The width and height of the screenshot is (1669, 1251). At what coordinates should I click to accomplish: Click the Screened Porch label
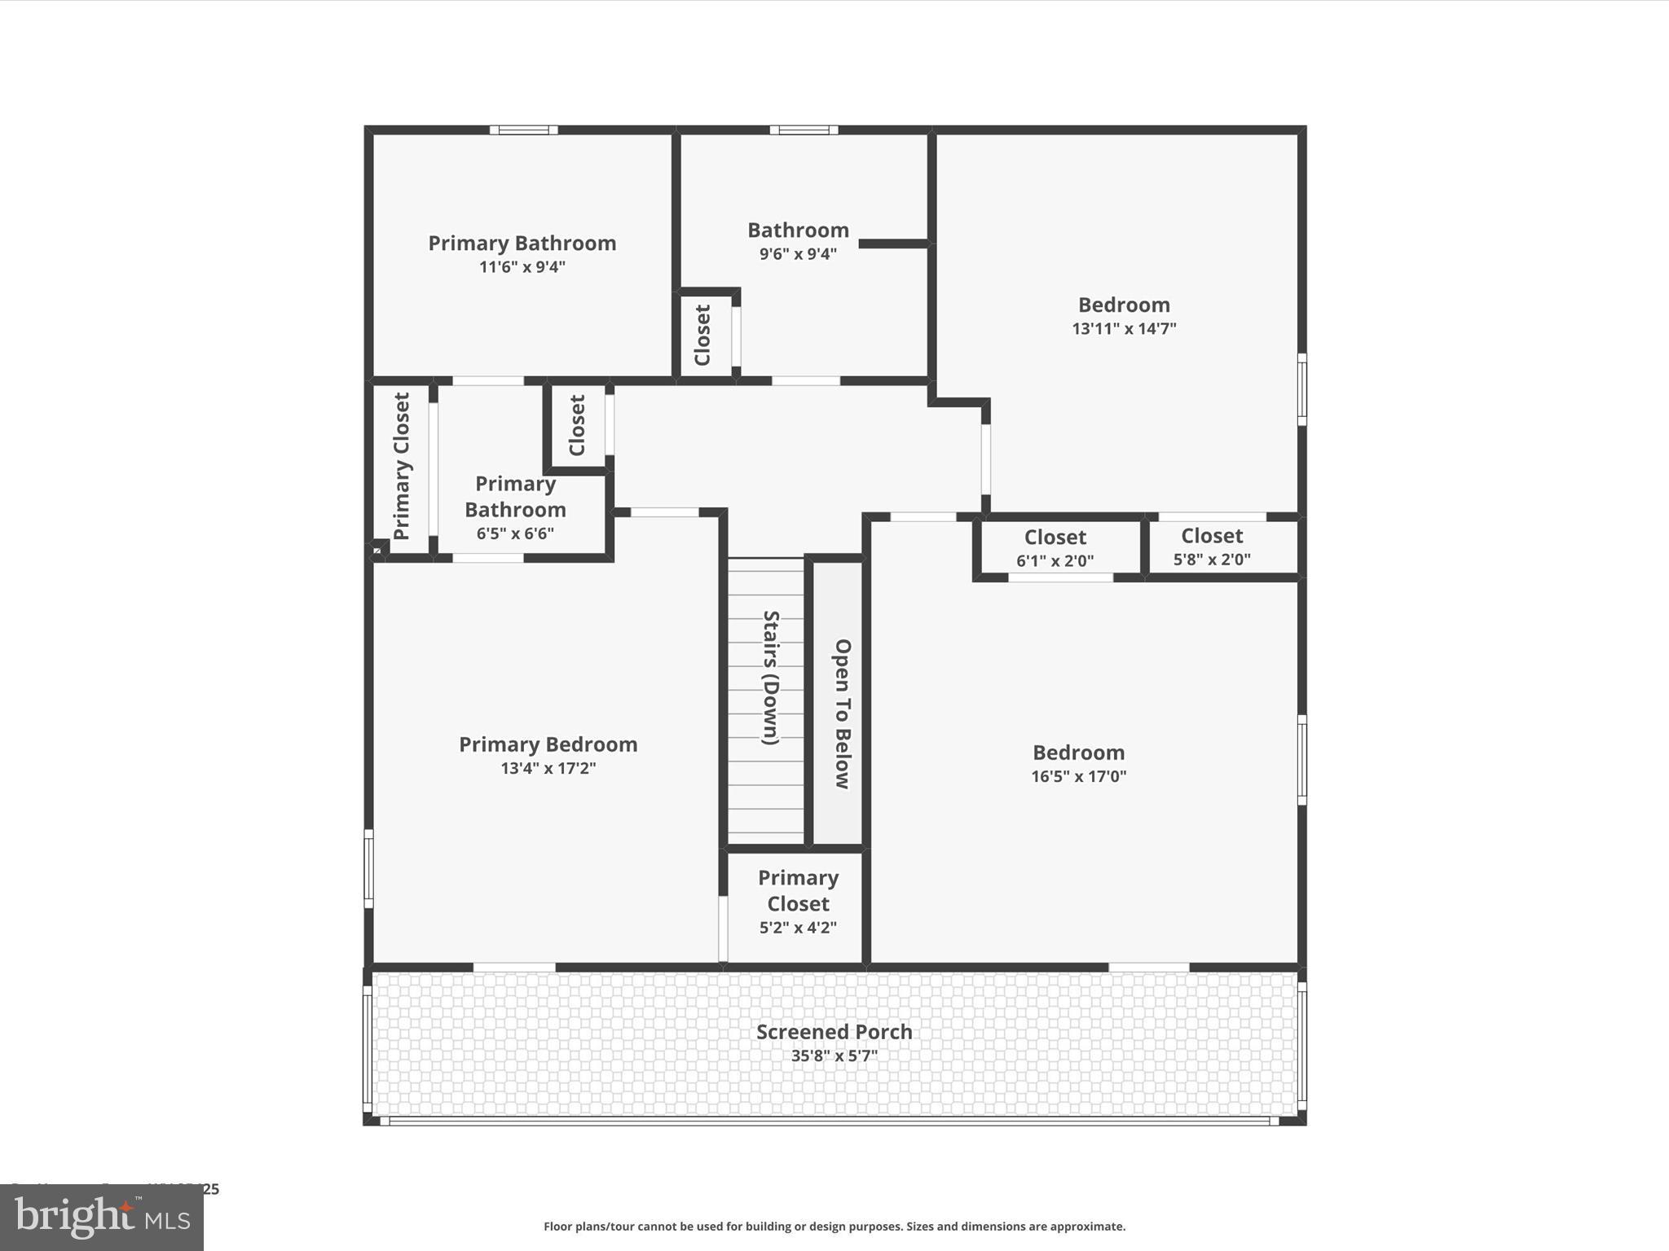click(x=834, y=1031)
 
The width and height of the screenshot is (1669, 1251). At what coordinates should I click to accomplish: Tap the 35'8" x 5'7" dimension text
click(x=834, y=1056)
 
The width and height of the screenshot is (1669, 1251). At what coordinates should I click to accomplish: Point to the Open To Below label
click(x=843, y=713)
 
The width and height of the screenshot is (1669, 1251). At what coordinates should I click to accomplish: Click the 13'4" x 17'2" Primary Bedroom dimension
click(x=548, y=768)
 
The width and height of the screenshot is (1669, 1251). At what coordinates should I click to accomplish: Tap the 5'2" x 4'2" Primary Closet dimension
click(x=798, y=927)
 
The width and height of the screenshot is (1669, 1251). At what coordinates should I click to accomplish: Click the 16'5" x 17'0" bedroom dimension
click(x=1078, y=776)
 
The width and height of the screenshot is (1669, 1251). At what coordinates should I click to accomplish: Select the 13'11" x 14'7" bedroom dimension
click(x=1124, y=328)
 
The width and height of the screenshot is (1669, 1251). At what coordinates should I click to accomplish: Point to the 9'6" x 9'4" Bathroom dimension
click(x=798, y=253)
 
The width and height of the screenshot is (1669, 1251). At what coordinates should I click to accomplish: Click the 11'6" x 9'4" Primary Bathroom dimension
click(x=522, y=266)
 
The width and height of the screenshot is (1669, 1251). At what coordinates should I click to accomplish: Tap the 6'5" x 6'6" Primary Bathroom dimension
click(x=515, y=533)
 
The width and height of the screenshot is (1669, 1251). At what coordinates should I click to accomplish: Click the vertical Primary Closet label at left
click(x=402, y=466)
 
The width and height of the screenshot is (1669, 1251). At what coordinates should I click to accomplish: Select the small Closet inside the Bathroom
click(x=702, y=335)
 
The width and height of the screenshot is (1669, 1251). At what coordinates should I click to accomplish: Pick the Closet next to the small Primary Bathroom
click(x=577, y=425)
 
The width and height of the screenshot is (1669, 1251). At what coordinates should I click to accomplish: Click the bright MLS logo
click(x=102, y=1218)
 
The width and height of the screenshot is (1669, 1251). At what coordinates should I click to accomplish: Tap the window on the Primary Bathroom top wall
click(x=523, y=129)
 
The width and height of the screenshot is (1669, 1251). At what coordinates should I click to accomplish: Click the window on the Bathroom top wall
click(x=804, y=129)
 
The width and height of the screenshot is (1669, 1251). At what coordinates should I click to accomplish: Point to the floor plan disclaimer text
click(x=834, y=1227)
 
